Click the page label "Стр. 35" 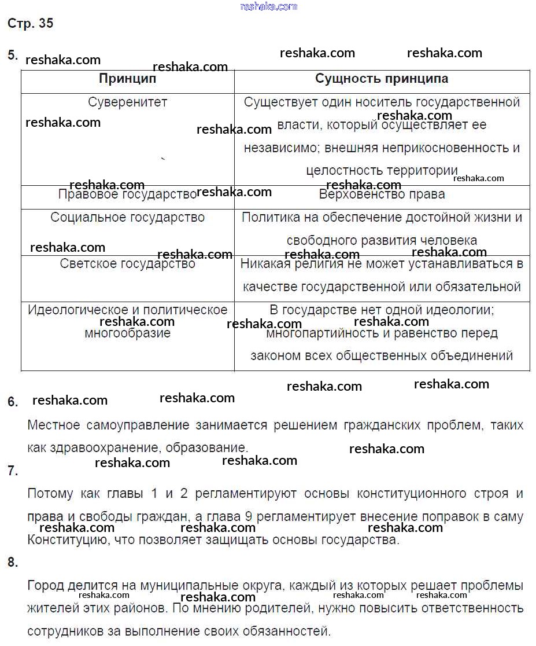[30, 24]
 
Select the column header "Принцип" [127, 79]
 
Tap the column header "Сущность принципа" [382, 79]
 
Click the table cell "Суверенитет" [127, 102]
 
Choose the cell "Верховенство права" [382, 194]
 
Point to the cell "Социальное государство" [127, 218]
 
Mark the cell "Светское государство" [127, 264]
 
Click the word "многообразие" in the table [127, 333]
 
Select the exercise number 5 [12, 56]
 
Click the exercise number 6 [13, 402]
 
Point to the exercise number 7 [13, 471]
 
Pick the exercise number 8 [13, 562]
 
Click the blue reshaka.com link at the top [268, 6]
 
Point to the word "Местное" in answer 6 [54, 425]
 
